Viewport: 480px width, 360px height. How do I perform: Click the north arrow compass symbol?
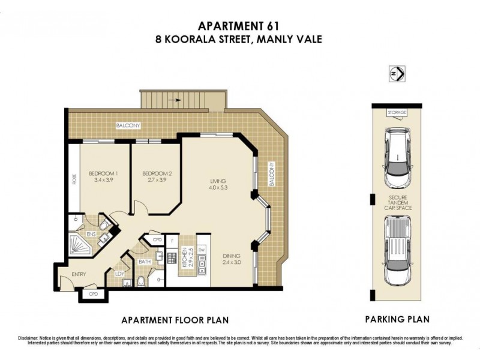396,75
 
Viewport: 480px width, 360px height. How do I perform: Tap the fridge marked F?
172,241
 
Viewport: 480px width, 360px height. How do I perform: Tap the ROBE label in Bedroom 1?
74,179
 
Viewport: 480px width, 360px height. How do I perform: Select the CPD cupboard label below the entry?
93,294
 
